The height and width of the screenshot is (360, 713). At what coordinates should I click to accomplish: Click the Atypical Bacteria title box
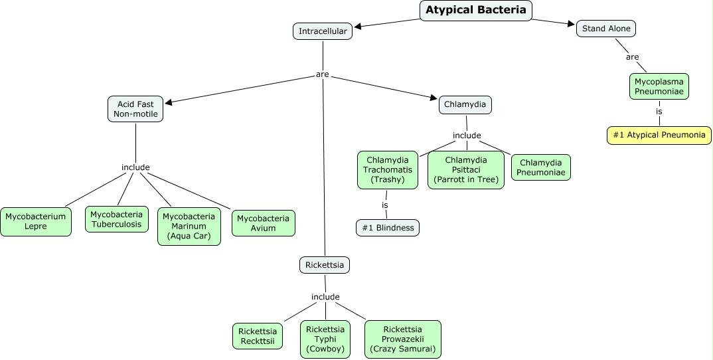(476, 11)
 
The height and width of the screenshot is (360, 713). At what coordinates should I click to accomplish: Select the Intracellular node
(322, 31)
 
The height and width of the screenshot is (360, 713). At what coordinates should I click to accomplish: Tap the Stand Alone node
(606, 29)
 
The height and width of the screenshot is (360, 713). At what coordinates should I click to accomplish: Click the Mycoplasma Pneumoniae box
(659, 86)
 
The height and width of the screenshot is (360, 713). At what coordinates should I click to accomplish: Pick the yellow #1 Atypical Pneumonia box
(659, 135)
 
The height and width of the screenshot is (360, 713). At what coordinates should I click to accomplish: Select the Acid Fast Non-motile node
(135, 109)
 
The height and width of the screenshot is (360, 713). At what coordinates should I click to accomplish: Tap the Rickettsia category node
(324, 265)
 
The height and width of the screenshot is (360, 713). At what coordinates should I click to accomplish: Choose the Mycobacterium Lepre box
(36, 222)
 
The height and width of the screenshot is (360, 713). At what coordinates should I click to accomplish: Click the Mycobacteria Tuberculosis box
(116, 219)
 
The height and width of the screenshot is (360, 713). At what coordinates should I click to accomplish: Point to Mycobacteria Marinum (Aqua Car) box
(189, 226)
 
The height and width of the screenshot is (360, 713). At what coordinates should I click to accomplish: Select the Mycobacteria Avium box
(263, 223)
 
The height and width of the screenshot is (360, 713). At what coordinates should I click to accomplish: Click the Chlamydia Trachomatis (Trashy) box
(387, 170)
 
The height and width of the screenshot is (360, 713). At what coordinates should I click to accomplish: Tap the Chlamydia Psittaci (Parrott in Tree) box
(465, 170)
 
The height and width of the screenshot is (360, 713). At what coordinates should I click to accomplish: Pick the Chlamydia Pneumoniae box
(541, 167)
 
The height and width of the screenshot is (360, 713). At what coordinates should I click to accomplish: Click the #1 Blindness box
(388, 228)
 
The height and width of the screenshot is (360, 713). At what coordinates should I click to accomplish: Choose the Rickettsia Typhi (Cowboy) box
(325, 339)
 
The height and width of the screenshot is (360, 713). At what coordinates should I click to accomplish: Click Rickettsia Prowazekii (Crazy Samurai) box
(402, 339)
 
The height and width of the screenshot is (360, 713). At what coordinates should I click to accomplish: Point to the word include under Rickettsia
(325, 297)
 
